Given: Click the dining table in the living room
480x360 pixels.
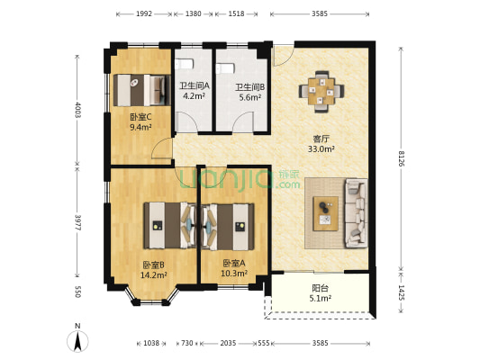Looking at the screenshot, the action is click(x=322, y=91).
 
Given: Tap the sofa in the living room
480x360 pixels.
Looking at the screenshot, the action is click(x=356, y=213).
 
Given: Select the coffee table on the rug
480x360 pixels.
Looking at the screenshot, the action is click(x=325, y=213).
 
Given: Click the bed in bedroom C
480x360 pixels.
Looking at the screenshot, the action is click(x=141, y=90).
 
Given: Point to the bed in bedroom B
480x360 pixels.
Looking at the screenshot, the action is click(x=170, y=225).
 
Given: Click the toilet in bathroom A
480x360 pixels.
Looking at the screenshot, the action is click(x=185, y=64).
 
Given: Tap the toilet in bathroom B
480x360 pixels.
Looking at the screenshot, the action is click(x=225, y=67).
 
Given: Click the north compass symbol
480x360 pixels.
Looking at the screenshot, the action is click(x=77, y=338).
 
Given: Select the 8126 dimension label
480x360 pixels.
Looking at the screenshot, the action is click(x=401, y=158).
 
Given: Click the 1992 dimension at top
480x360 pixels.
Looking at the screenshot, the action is click(x=144, y=13).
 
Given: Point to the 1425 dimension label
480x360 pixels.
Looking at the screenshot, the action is click(x=401, y=292).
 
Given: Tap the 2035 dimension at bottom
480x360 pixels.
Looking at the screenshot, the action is click(x=228, y=343).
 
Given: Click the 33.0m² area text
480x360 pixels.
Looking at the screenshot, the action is click(x=321, y=149).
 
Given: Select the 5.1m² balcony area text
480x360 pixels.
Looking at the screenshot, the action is click(x=321, y=298).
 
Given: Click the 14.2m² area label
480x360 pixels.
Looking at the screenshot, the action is click(x=153, y=275).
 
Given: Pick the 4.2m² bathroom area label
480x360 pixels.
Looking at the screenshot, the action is click(x=194, y=96).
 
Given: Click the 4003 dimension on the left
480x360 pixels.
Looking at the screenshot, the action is click(x=77, y=110).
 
